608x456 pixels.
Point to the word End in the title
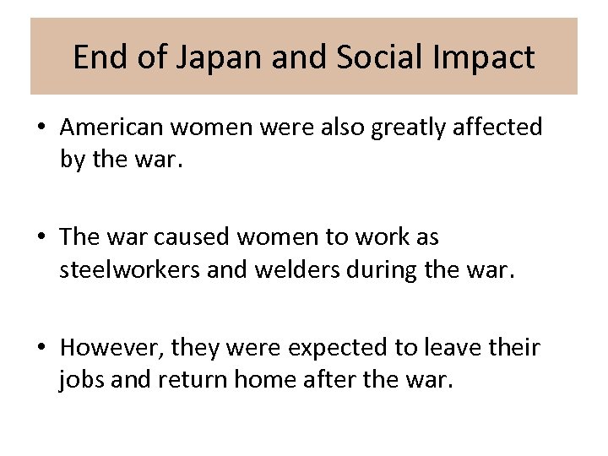click(x=97, y=57)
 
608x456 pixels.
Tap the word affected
click(x=499, y=127)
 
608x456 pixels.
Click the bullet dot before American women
click(x=41, y=128)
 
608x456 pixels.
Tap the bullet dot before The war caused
click(x=41, y=238)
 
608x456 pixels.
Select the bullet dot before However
click(x=41, y=348)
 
